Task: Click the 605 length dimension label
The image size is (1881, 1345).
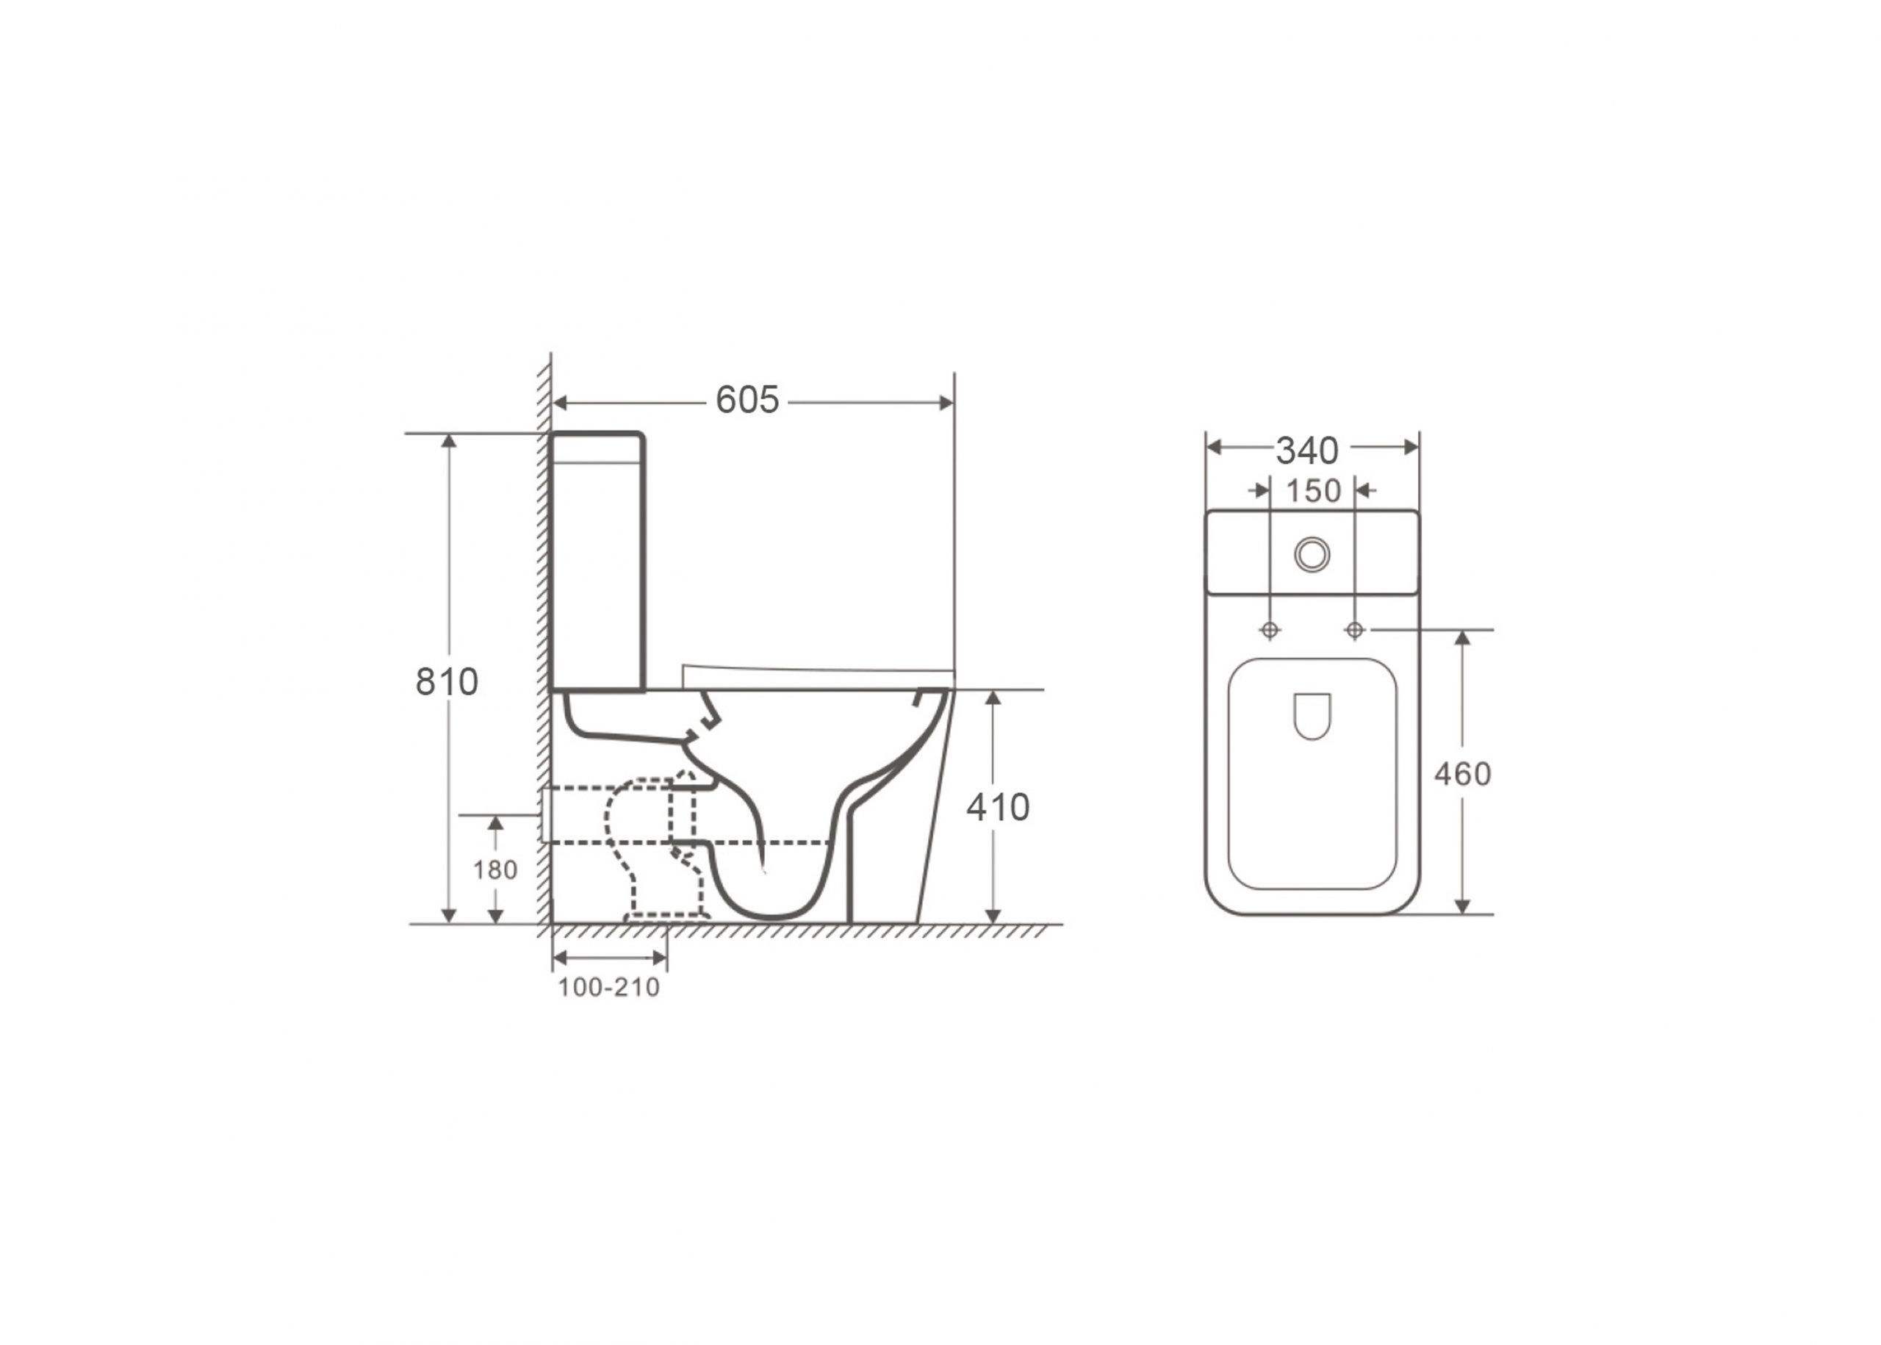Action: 747,400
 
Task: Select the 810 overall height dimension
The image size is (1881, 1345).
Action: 446,681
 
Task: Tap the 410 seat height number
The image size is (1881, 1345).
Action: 998,807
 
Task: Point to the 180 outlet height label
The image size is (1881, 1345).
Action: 495,869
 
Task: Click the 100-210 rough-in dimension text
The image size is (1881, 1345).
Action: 608,987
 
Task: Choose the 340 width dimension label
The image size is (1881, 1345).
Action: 1306,451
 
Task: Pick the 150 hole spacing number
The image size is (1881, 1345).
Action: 1313,491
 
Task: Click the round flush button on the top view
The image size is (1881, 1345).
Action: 1312,554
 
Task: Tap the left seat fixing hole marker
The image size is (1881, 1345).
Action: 1269,631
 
